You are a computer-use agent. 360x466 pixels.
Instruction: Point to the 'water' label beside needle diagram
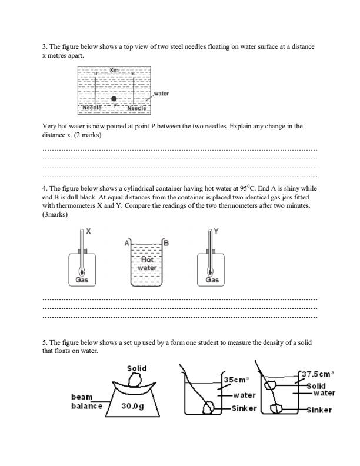pos(161,94)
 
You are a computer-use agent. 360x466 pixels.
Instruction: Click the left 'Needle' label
pos(92,108)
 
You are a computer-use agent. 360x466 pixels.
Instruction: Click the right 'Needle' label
pos(136,108)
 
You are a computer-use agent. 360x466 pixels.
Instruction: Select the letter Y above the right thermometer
pos(215,232)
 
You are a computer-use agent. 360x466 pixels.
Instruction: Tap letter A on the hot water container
pos(126,242)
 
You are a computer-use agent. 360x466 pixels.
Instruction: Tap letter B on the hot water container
pos(166,242)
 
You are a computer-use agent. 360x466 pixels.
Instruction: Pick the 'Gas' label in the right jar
pos(212,280)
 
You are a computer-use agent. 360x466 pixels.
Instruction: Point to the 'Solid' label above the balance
pos(136,368)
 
